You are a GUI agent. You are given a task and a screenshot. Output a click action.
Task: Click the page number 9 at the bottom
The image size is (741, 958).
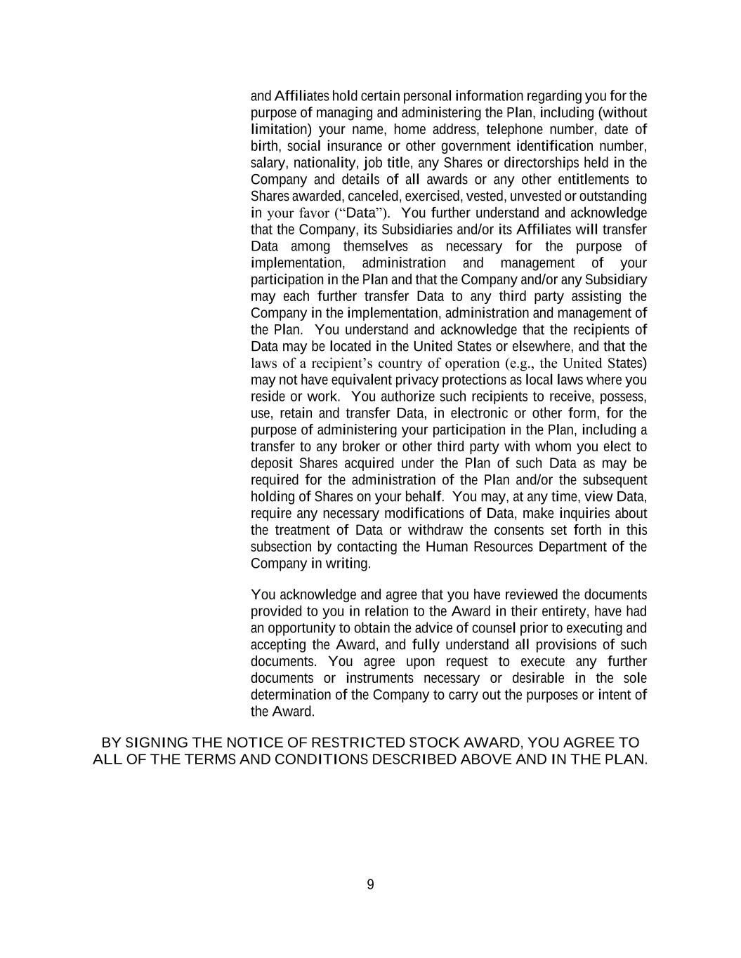(370, 884)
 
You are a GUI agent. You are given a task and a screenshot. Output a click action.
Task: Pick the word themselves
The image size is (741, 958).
(375, 246)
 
